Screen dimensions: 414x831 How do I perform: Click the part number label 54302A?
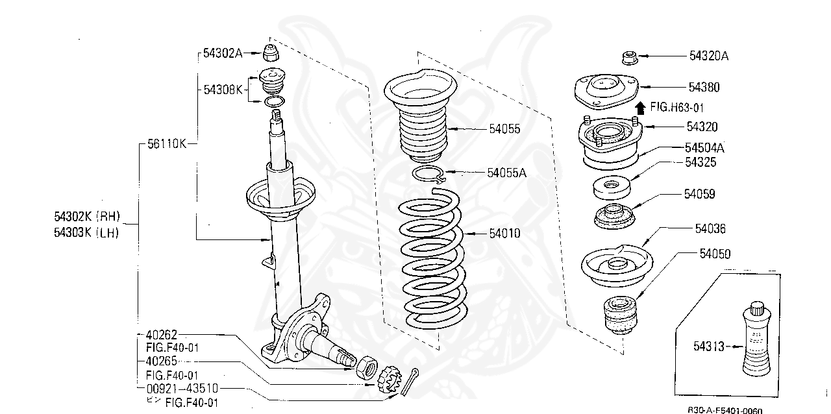pos(222,54)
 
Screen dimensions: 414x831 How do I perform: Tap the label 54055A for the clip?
pos(506,173)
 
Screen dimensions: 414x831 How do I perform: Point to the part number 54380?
pos(704,87)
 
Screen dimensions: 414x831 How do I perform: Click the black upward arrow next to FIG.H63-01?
pos(639,107)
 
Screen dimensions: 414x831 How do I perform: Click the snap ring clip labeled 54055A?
pos(428,173)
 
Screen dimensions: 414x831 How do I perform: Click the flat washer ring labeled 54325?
pos(611,188)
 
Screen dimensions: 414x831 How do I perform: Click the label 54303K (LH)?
pos(88,233)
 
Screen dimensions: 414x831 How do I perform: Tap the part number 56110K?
pos(166,143)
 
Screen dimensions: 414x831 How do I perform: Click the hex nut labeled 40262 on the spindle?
pos(367,367)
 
